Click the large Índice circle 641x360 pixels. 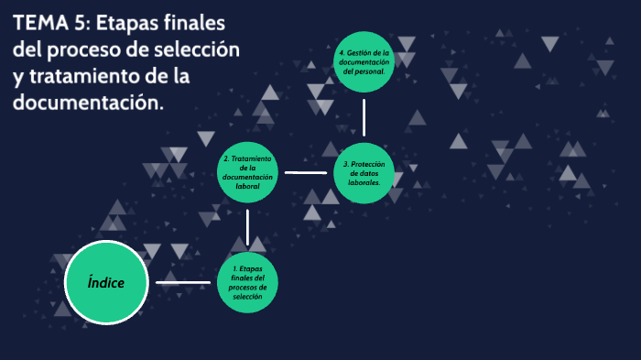(x=107, y=282)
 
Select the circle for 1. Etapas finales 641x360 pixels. (x=247, y=281)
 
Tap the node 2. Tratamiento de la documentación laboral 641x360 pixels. (x=247, y=172)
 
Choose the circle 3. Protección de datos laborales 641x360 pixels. (x=364, y=172)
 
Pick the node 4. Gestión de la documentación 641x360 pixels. (x=364, y=62)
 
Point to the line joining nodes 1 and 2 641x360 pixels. (x=247, y=226)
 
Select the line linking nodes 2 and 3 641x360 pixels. (x=306, y=172)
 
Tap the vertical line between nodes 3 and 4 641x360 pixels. (x=364, y=116)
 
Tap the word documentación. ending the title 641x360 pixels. (x=89, y=103)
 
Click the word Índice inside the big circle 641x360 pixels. (x=107, y=282)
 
